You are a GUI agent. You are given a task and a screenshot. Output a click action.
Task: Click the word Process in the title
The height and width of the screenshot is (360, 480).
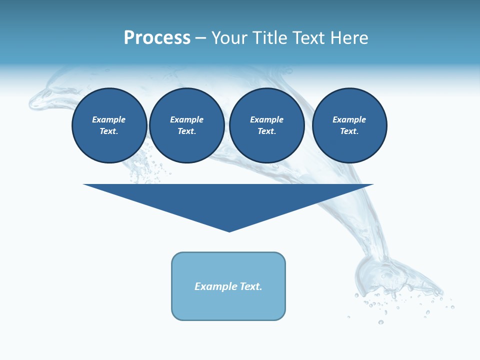point(157,38)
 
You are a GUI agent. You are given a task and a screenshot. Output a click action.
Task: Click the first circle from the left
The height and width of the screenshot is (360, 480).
point(109,125)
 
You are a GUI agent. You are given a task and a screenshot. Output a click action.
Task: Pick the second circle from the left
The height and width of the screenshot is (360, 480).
point(187,125)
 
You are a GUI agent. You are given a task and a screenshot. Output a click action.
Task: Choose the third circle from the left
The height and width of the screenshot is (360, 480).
point(267,125)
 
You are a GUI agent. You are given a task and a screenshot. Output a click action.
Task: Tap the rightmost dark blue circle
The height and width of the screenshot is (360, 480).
point(349,125)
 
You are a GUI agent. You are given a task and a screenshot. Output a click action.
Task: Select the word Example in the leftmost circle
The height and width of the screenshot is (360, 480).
point(109,119)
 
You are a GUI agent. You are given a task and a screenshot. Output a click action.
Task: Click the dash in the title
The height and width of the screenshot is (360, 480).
point(201,38)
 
